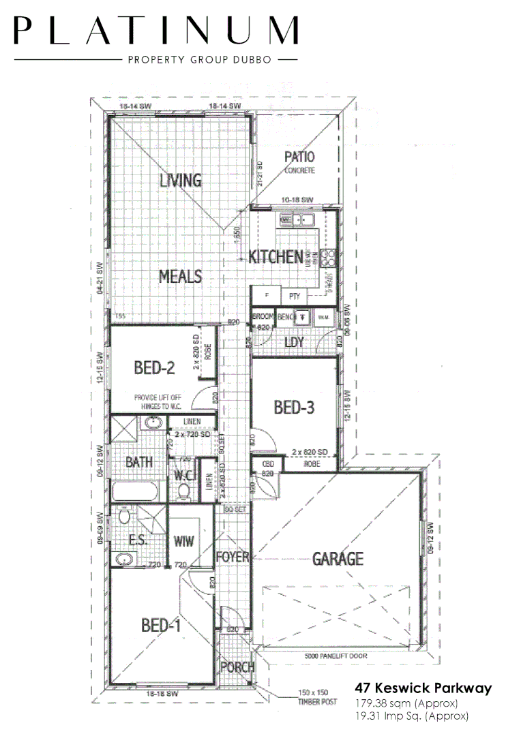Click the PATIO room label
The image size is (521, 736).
coord(299,157)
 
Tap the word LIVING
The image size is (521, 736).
coord(181,181)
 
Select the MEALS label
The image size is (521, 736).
coord(180,277)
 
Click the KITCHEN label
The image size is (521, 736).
coord(276,257)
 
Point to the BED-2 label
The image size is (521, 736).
coord(154,369)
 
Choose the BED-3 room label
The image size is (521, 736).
coord(294,408)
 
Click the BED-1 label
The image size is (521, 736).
coord(161,625)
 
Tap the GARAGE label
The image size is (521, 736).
coord(338,559)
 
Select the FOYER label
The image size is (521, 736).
coord(232,557)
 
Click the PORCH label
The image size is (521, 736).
coord(238,667)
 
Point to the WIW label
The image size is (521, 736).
coord(184,542)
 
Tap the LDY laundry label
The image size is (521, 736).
coord(294,342)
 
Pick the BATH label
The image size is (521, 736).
coord(138,462)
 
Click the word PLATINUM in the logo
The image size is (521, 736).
coord(156,31)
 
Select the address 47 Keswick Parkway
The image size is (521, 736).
coord(423,688)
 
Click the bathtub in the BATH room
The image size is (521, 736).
coord(134,492)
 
